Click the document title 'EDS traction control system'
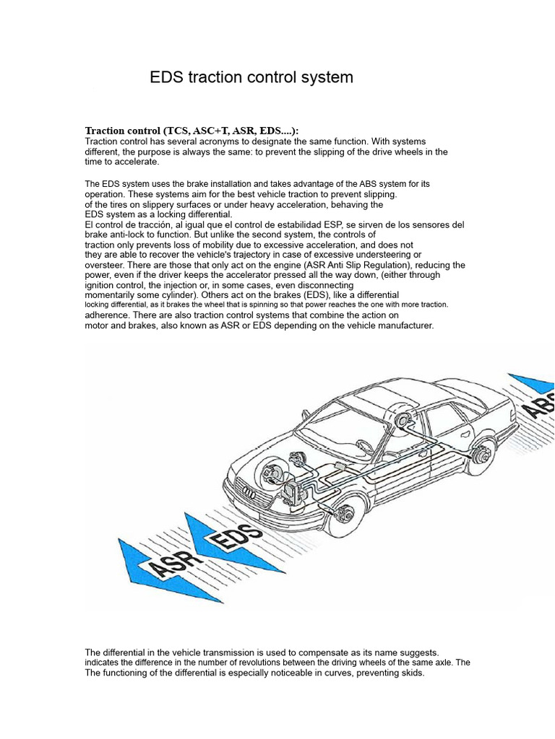[x=251, y=77]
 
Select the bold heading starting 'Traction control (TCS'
[x=192, y=130]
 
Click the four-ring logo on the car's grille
[x=249, y=492]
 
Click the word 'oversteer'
[x=107, y=265]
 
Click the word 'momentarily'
[x=116, y=295]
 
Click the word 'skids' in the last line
[x=410, y=673]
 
